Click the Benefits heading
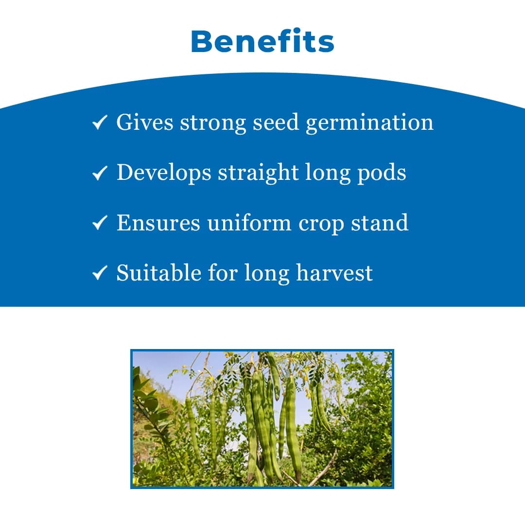(x=262, y=42)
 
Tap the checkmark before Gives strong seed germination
(x=99, y=123)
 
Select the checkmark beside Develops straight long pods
(x=99, y=174)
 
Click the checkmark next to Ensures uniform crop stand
(x=99, y=224)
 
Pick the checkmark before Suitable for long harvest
(x=99, y=274)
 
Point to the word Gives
(x=144, y=122)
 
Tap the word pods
(x=382, y=173)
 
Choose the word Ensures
(x=158, y=223)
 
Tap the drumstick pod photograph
(x=262, y=419)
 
